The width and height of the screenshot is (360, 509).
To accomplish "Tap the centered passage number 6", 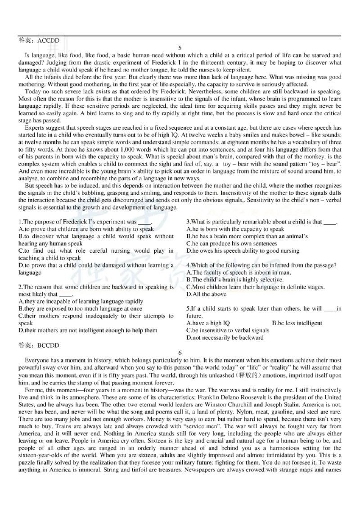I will [x=180, y=353].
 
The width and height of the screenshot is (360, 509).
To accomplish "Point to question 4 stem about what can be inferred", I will [x=261, y=265].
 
